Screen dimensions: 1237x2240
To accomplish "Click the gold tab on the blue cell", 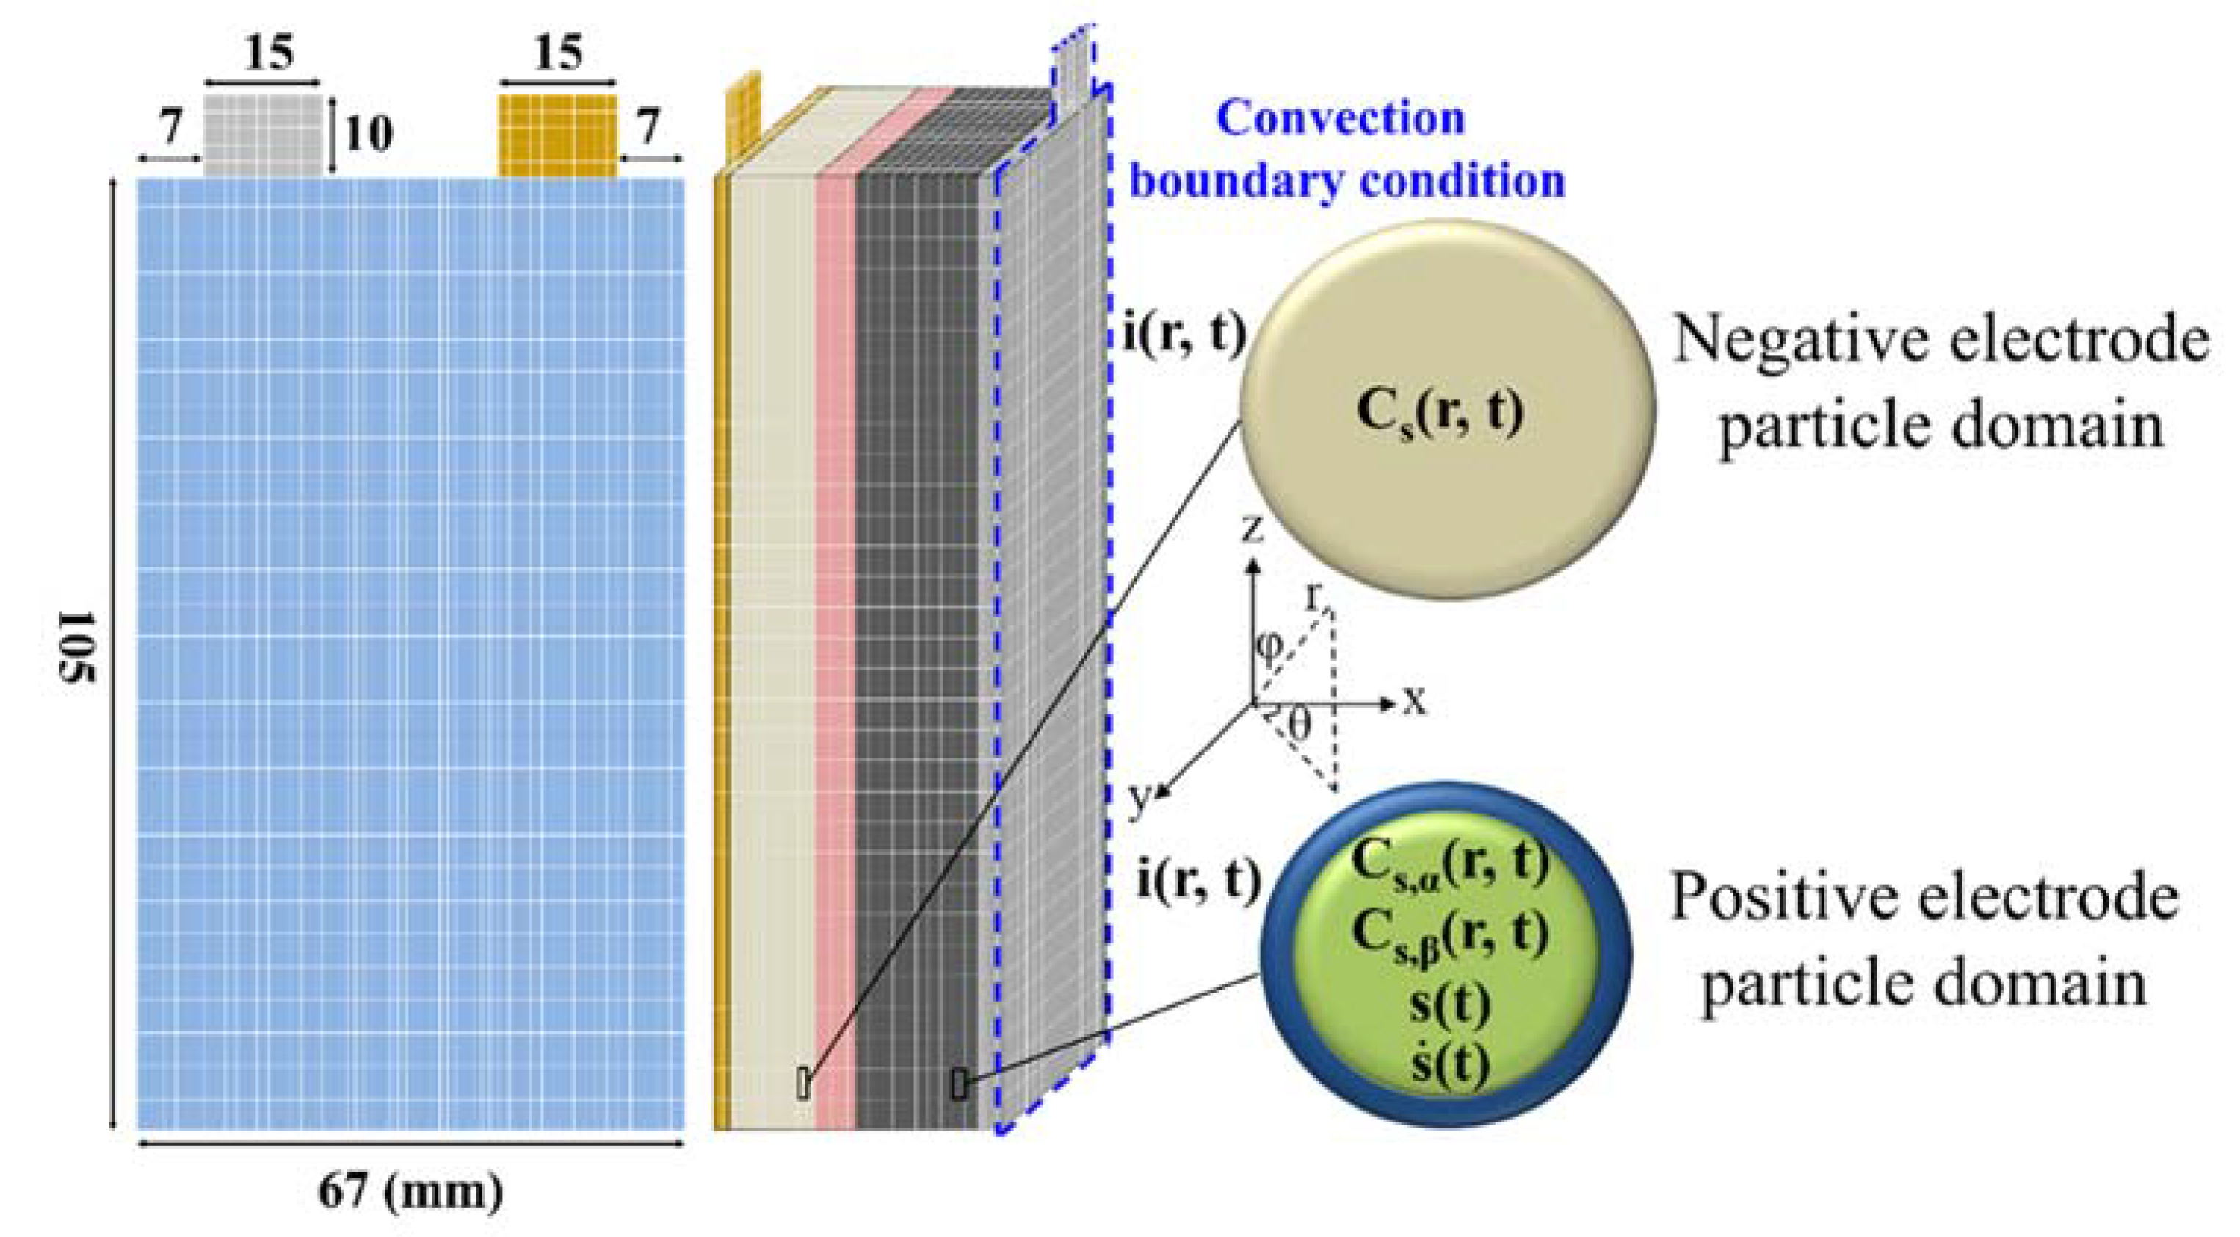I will [557, 136].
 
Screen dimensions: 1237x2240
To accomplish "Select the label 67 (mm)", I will [410, 1190].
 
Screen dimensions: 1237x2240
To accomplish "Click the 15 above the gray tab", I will [269, 53].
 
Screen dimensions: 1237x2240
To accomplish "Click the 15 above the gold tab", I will [557, 53].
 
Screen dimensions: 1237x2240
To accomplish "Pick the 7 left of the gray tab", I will [169, 128].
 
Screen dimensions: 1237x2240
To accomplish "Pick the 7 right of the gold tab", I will [648, 128].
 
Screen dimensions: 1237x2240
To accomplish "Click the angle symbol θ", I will [1297, 723].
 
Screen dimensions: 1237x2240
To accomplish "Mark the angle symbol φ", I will [1269, 647].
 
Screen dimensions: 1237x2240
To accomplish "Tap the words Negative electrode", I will [1940, 341].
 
